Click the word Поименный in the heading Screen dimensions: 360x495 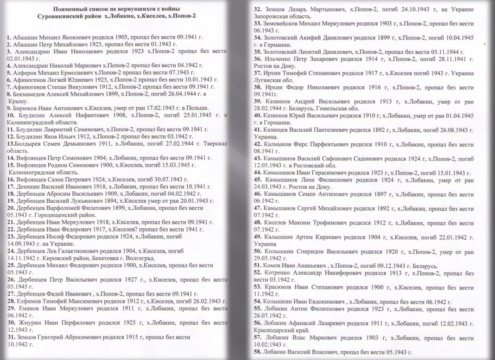click(x=70, y=10)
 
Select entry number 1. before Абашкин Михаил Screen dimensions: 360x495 click(x=9, y=36)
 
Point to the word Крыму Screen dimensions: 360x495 click(x=17, y=101)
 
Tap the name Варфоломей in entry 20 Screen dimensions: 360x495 click(x=68, y=208)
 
